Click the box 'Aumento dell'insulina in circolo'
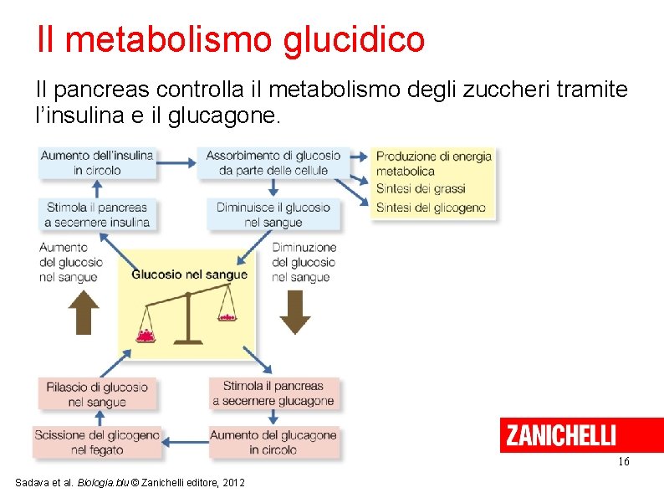pos(97,162)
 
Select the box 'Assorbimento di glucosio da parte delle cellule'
pos(273,162)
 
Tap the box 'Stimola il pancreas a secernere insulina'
pos(97,214)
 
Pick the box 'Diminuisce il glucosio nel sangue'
pos(273,214)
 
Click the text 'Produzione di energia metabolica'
pos(433,163)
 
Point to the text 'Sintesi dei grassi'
pos(421,188)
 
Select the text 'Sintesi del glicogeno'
pos(431,208)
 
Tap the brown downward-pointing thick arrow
pos(294,312)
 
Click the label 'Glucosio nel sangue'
pos(189,275)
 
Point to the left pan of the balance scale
pos(147,334)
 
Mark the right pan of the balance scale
pos(226,316)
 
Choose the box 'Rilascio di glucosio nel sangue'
pos(97,394)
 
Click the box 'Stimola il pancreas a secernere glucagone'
pos(273,393)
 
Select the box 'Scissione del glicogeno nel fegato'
pos(96,443)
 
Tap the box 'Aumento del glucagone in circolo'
pos(273,443)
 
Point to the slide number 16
pos(623,462)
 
